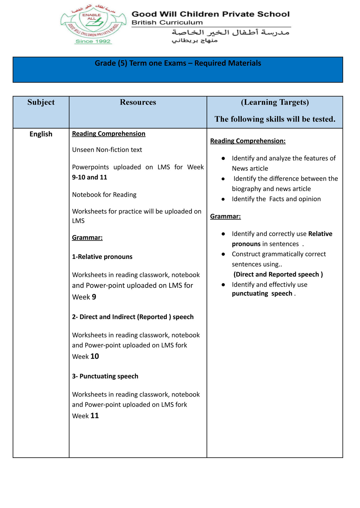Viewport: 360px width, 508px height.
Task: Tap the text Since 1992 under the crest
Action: [93, 41]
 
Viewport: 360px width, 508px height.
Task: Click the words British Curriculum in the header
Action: [167, 22]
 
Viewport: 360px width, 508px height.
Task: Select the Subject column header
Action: [41, 102]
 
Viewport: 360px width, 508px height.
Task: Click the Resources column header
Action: [138, 102]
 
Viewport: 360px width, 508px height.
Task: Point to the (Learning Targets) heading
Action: [275, 102]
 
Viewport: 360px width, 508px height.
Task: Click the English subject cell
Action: [41, 134]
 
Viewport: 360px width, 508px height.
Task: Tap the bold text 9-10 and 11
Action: [90, 177]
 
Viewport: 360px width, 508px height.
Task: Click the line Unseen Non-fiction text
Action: [107, 150]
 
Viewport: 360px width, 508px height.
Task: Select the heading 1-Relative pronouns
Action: [102, 257]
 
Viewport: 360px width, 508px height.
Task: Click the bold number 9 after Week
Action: [94, 297]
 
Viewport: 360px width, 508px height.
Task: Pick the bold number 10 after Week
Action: [95, 356]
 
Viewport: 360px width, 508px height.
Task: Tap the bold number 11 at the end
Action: [95, 416]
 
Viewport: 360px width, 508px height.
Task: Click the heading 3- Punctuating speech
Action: [105, 376]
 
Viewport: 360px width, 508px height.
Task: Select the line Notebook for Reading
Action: [104, 195]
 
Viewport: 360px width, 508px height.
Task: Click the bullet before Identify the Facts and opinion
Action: [223, 199]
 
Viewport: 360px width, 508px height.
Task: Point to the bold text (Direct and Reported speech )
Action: [278, 274]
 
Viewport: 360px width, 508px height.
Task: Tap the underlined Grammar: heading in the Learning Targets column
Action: [225, 216]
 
